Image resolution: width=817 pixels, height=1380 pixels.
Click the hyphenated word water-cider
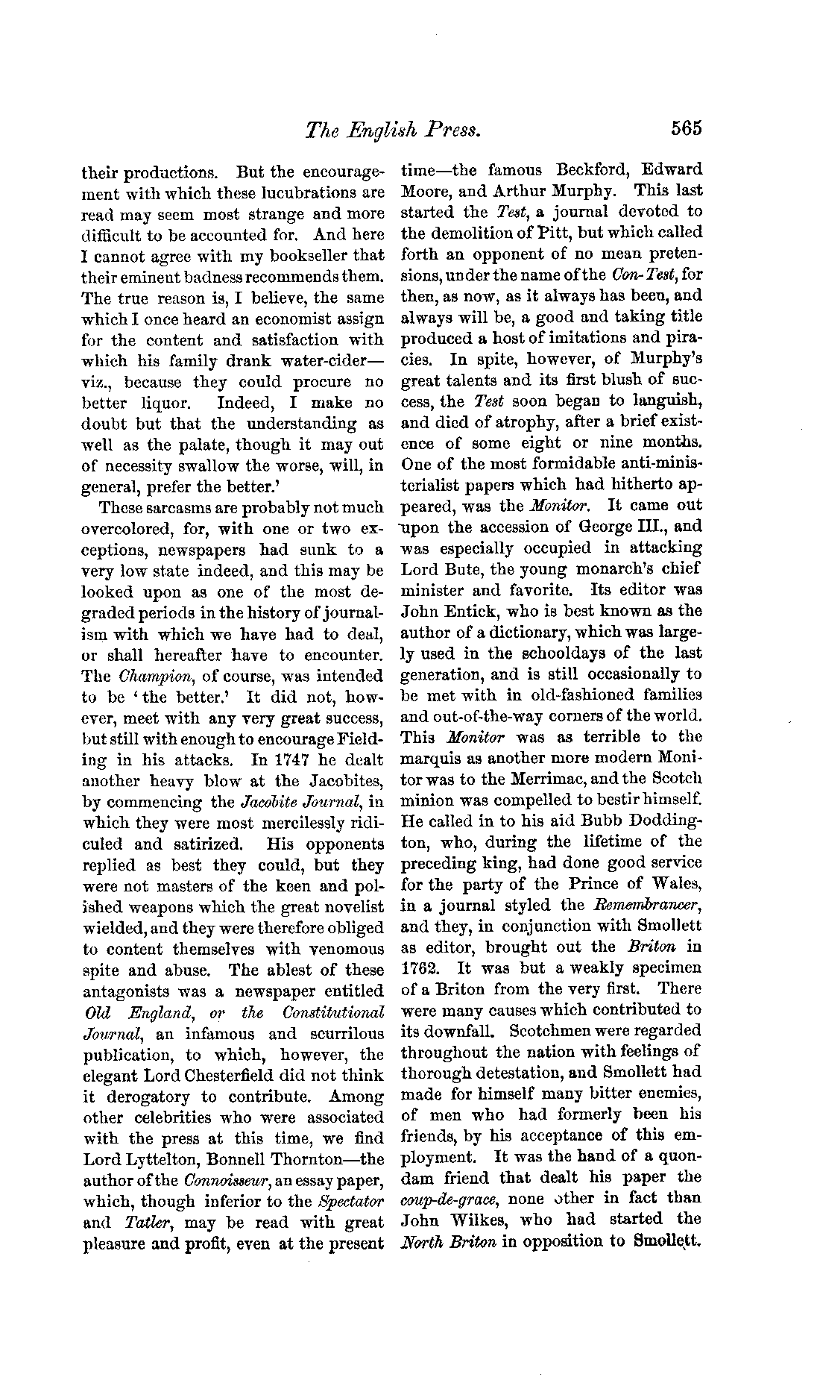click(x=325, y=361)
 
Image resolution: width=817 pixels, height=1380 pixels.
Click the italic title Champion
click(x=156, y=677)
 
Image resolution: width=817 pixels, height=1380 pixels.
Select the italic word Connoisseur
click(x=222, y=1181)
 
